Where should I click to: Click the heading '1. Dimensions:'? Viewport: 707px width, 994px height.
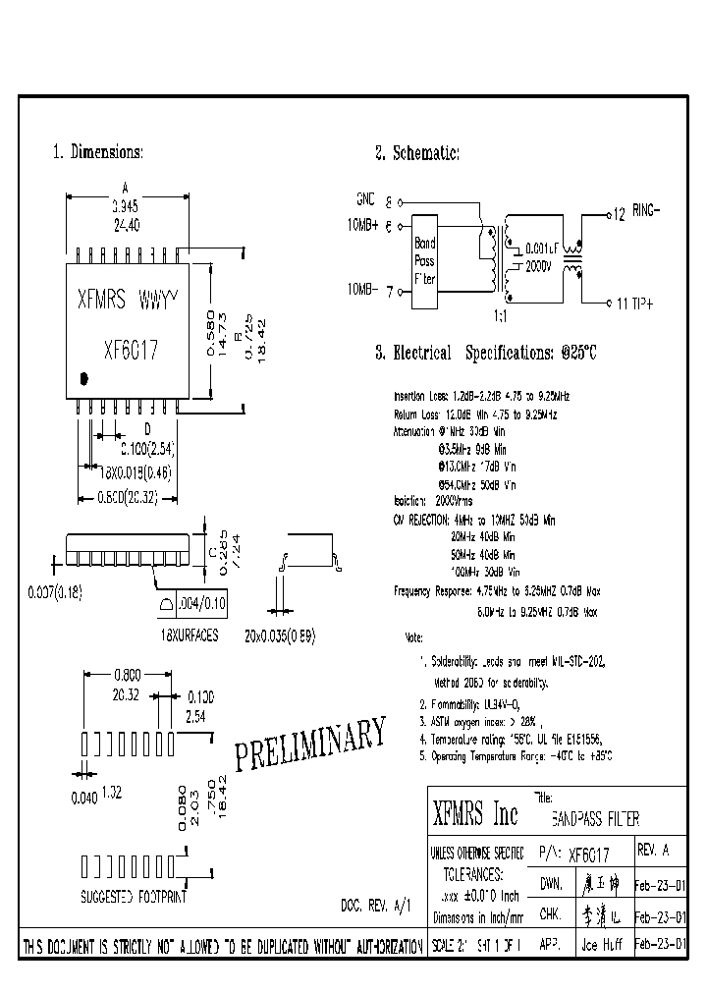97,152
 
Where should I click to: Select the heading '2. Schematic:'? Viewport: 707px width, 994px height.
416,153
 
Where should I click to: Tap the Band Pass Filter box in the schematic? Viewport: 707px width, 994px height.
424,262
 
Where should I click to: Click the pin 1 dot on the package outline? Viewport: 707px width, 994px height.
84,376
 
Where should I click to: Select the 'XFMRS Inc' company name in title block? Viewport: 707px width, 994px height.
475,814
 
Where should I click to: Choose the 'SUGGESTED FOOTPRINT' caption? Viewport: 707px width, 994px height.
134,897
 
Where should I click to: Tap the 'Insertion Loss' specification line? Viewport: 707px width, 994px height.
481,396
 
